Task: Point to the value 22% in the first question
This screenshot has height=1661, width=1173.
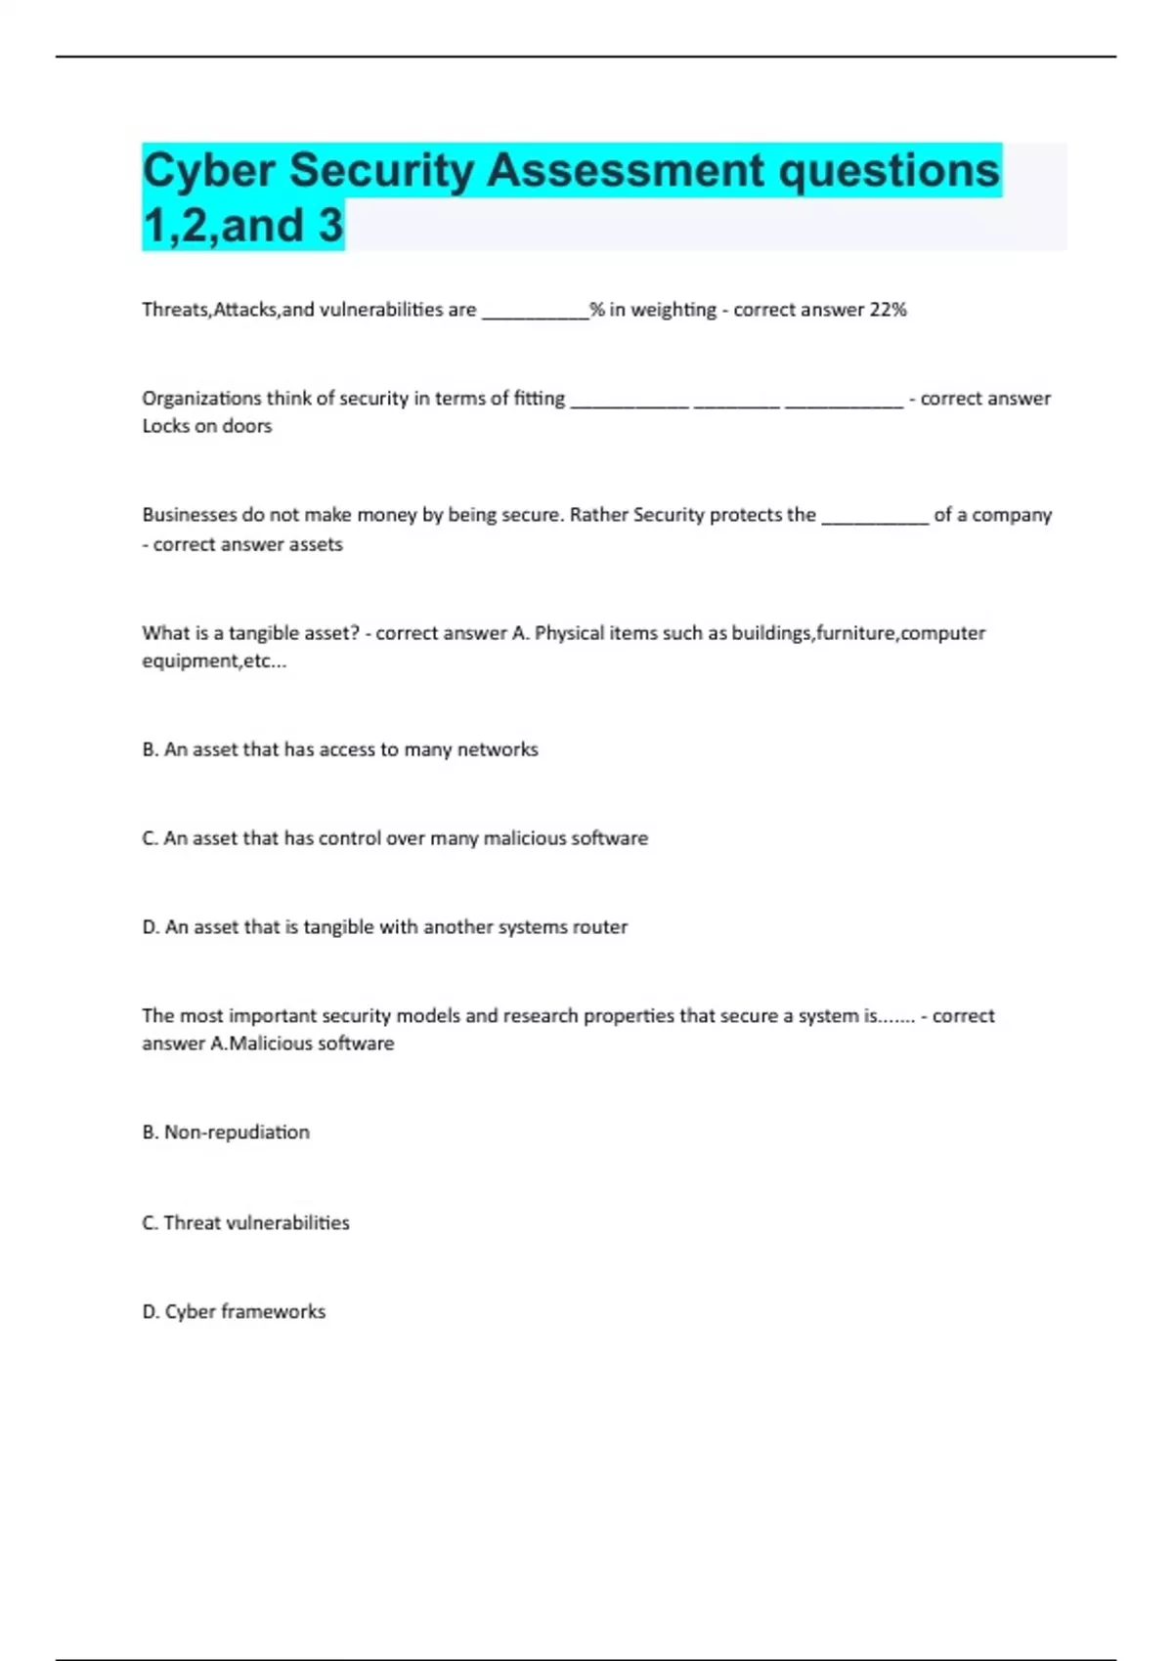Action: pos(888,310)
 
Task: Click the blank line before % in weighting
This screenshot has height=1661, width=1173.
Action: pos(535,313)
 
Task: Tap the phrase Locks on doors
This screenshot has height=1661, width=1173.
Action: pos(207,426)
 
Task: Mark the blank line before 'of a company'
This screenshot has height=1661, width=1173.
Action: pos(875,518)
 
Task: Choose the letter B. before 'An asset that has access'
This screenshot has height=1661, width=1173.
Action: pos(151,749)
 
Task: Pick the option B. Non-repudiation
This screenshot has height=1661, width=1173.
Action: pos(226,1132)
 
